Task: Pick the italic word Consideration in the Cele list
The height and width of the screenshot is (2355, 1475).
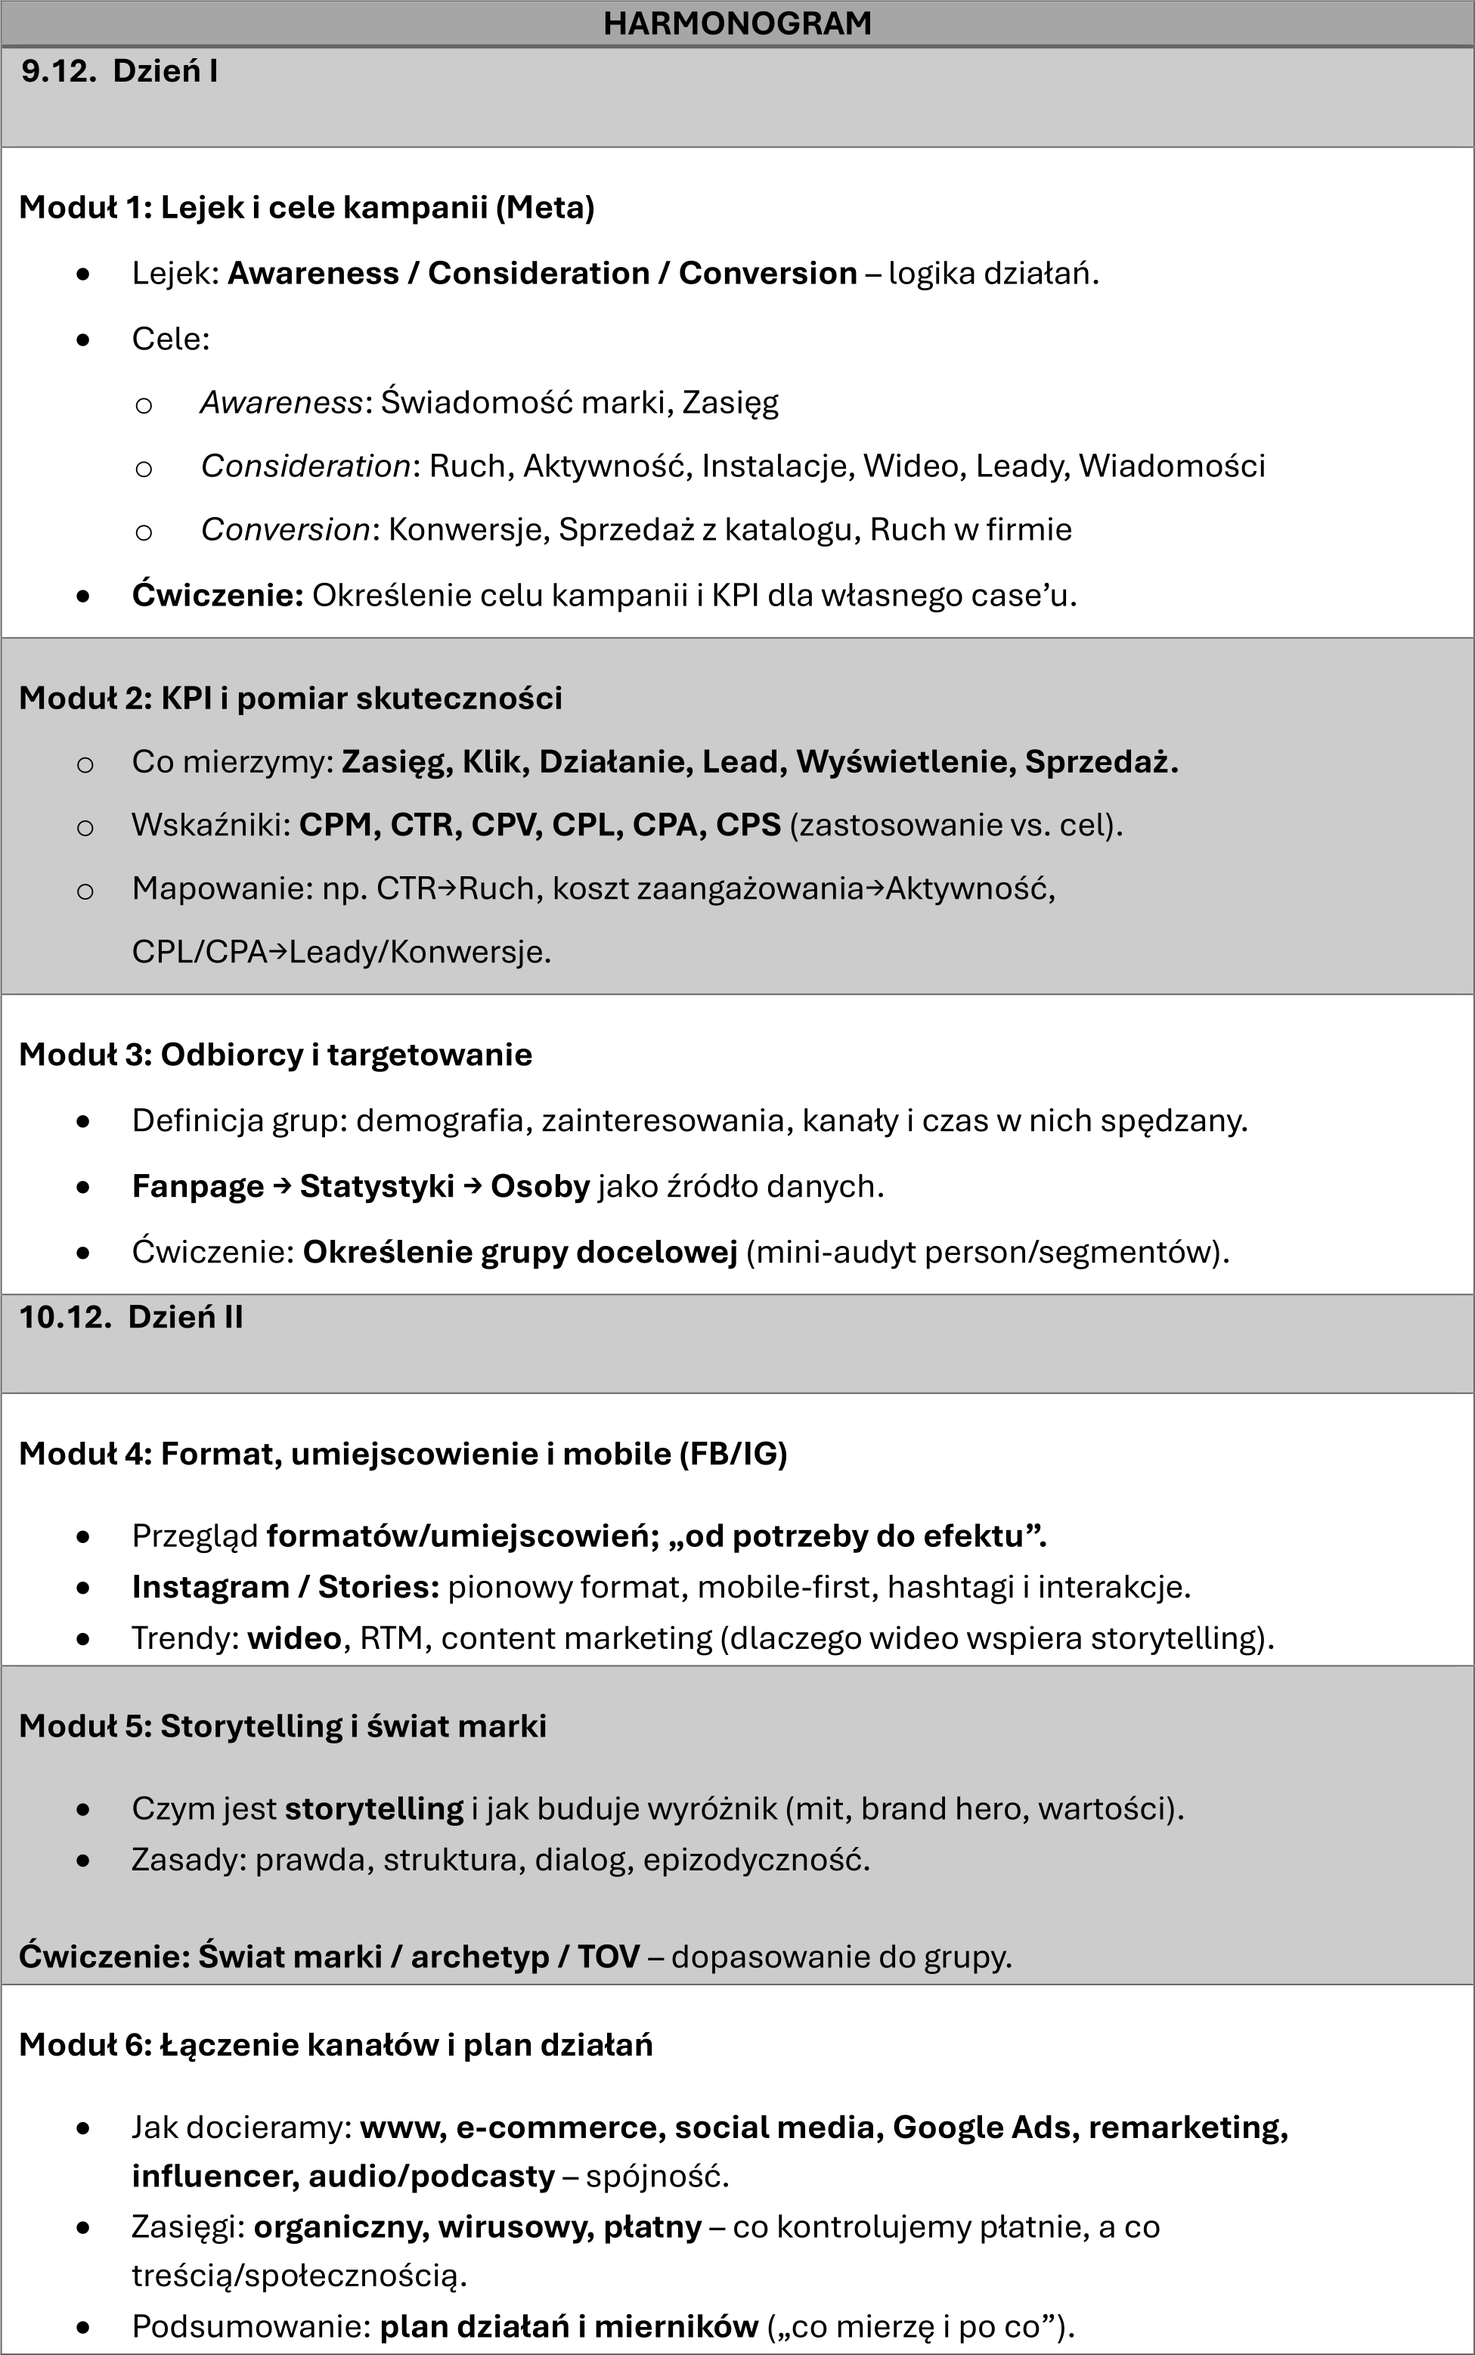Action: pos(305,466)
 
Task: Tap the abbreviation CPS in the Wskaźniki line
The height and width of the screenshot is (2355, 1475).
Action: pos(748,826)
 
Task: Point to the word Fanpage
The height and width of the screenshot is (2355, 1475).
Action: pos(198,1186)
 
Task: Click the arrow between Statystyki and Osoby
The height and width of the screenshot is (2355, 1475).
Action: pos(473,1186)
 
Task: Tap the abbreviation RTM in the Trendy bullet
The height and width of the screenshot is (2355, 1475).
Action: pos(392,1638)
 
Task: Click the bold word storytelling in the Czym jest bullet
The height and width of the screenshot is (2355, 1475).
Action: pos(373,1808)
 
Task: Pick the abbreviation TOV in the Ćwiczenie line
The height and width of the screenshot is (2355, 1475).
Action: pos(608,1956)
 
